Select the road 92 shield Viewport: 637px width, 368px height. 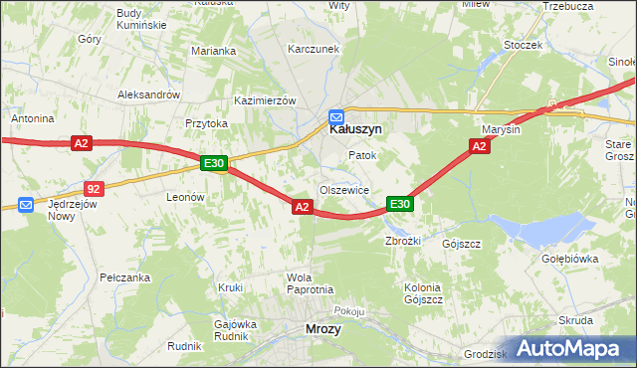pyautogui.click(x=94, y=187)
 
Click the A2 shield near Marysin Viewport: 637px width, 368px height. pyautogui.click(x=479, y=146)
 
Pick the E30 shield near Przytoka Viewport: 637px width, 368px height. pyautogui.click(x=214, y=163)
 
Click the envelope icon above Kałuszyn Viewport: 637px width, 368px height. pyautogui.click(x=336, y=115)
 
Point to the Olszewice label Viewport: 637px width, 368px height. pyautogui.click(x=344, y=189)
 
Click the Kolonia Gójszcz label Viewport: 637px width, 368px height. pyautogui.click(x=422, y=293)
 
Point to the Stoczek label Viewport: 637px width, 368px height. pyautogui.click(x=523, y=45)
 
